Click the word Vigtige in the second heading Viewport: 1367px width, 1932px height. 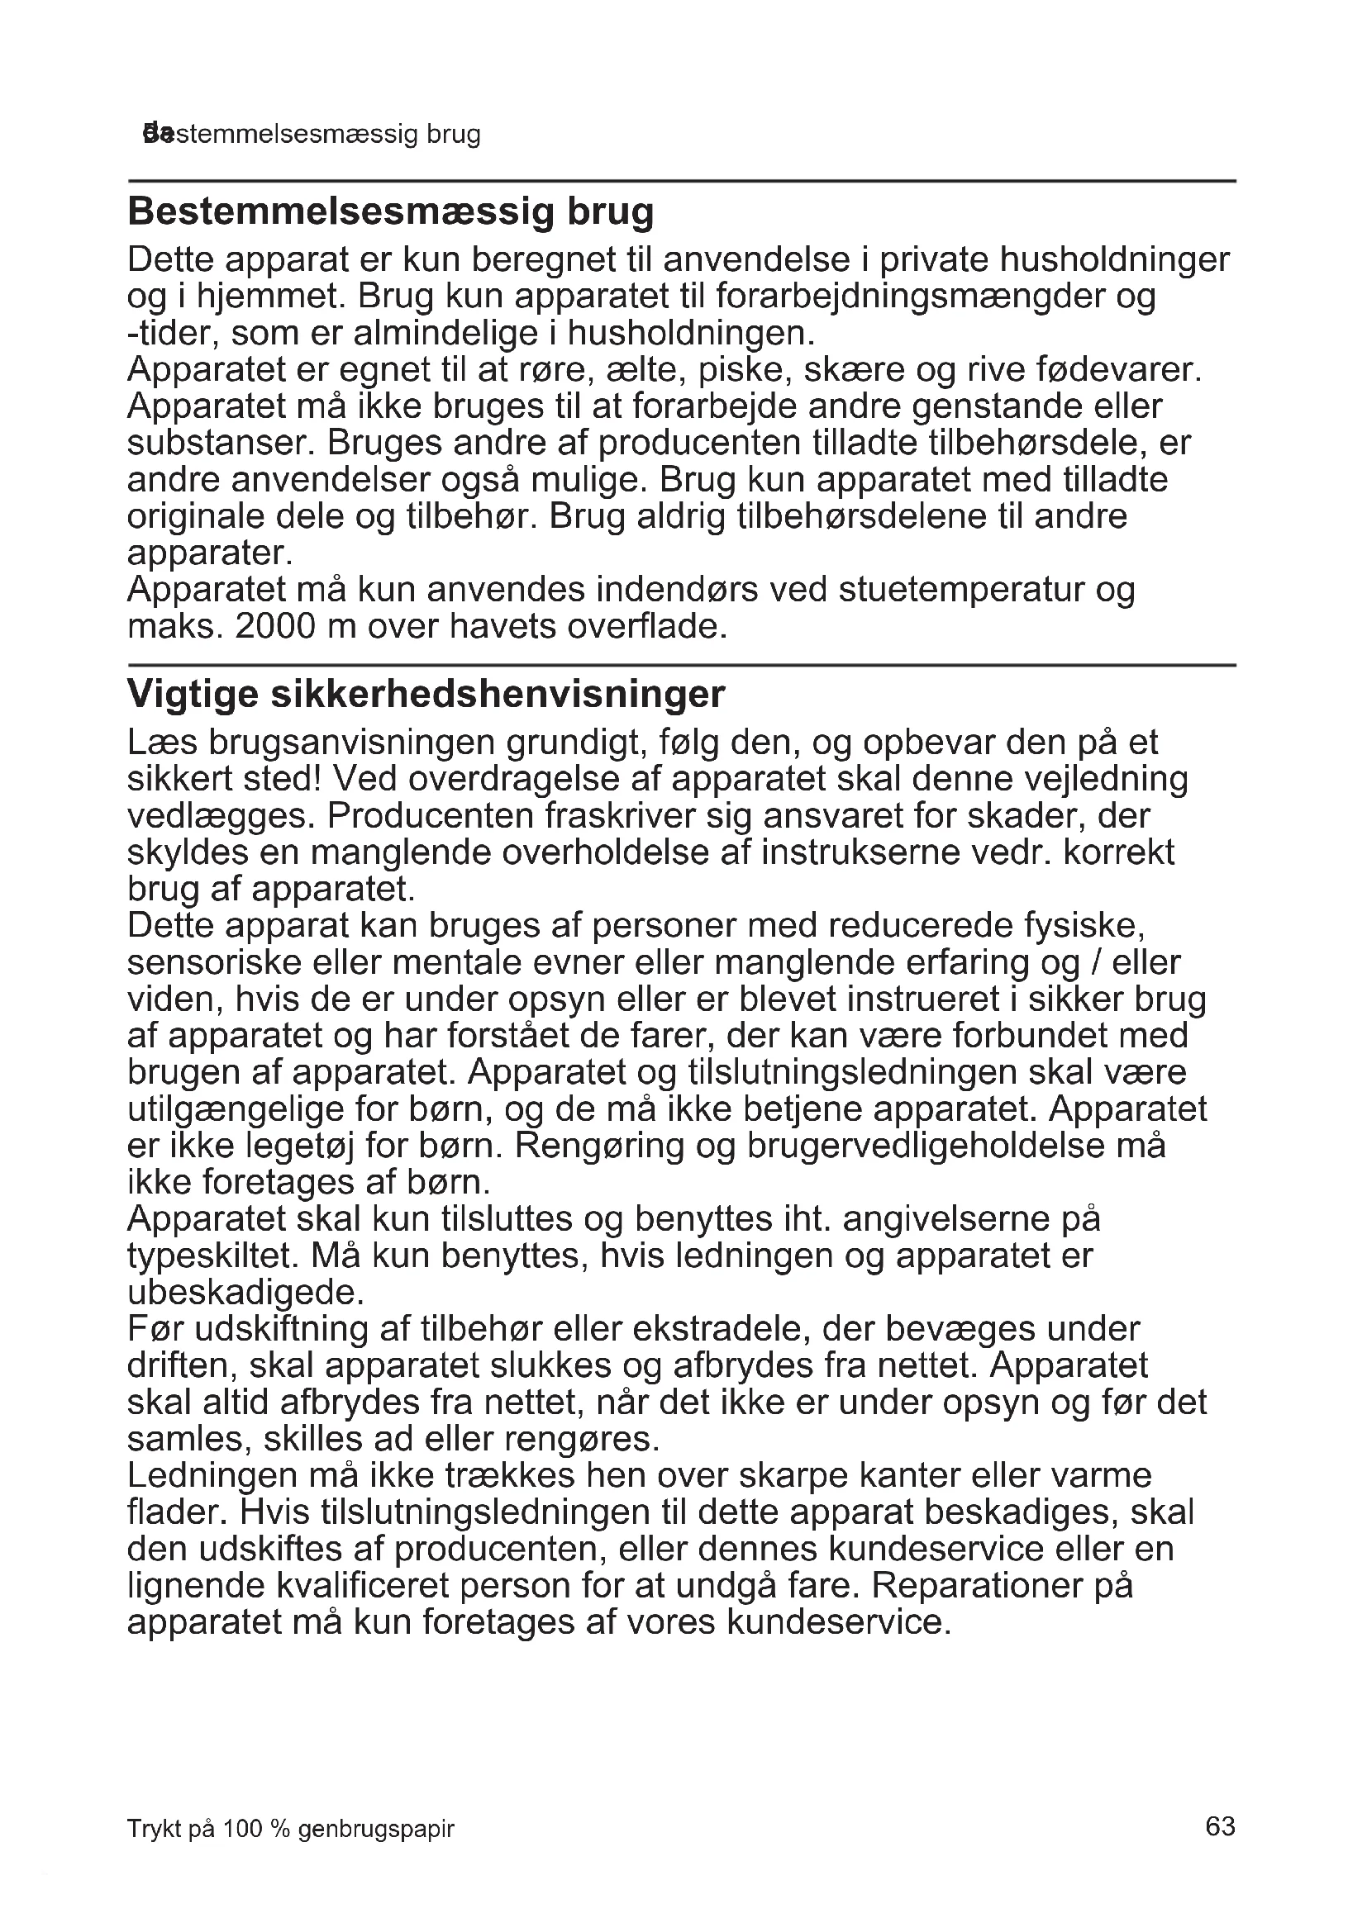tap(192, 695)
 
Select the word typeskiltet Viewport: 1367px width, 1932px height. tap(212, 1256)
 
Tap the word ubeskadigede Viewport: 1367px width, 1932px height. tap(245, 1294)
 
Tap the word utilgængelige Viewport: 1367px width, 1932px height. tap(236, 1110)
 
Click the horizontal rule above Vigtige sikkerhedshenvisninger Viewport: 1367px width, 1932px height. tap(682, 665)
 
